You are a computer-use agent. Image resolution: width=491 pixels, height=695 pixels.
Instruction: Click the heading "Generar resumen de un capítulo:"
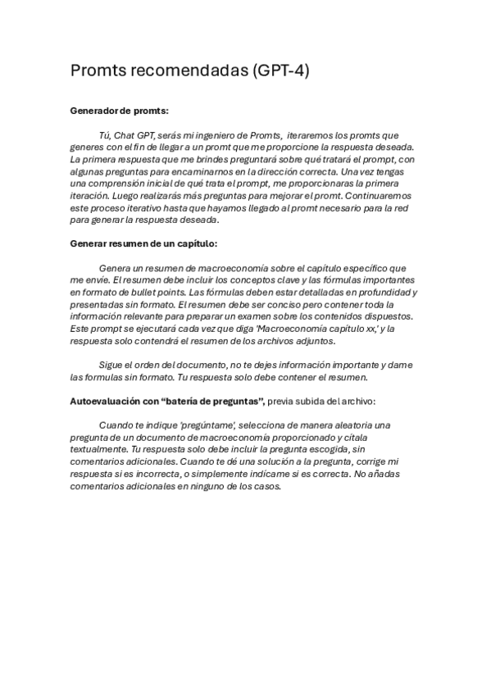coord(143,243)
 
